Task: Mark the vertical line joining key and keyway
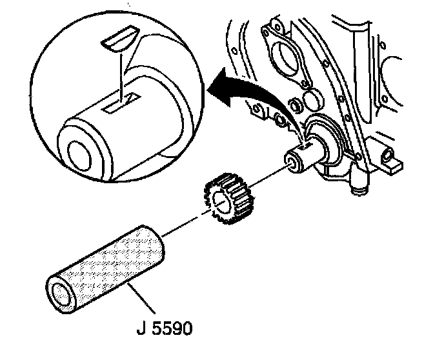[121, 74]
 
